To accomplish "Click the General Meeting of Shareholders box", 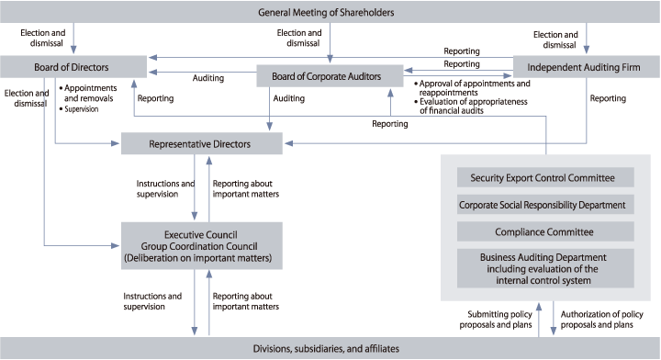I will (330, 13).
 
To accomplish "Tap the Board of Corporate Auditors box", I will (330, 75).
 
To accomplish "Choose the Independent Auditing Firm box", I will (586, 66).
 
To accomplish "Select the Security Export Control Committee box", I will (548, 177).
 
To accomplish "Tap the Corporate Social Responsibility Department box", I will (548, 205).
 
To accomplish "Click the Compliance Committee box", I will (548, 232).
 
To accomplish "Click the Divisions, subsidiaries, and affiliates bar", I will (330, 348).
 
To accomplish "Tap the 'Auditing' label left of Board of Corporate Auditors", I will (208, 79).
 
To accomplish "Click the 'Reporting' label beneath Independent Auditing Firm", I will (608, 97).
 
